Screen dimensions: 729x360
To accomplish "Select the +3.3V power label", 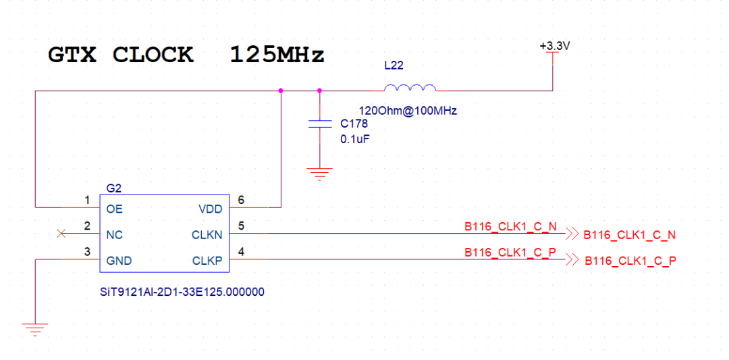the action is click(x=553, y=47).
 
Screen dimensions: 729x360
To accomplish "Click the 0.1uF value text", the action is click(x=354, y=139).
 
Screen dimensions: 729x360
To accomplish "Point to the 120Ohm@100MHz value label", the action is click(x=408, y=111).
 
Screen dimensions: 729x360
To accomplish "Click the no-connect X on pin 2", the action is click(x=61, y=233).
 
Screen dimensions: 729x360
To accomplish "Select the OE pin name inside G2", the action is click(x=114, y=209).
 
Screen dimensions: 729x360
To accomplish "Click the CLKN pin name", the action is click(x=207, y=235).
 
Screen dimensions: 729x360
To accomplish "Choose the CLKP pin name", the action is click(x=207, y=261).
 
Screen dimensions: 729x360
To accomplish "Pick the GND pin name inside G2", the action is click(x=119, y=261).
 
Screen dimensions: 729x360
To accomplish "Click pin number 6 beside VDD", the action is click(x=241, y=200).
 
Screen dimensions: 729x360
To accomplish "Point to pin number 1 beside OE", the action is click(x=87, y=200).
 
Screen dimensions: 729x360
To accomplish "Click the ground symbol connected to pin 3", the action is click(x=35, y=328).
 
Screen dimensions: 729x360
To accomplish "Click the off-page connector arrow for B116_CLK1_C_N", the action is click(x=572, y=233).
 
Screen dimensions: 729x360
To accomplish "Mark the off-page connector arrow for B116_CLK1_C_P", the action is click(x=572, y=259).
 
